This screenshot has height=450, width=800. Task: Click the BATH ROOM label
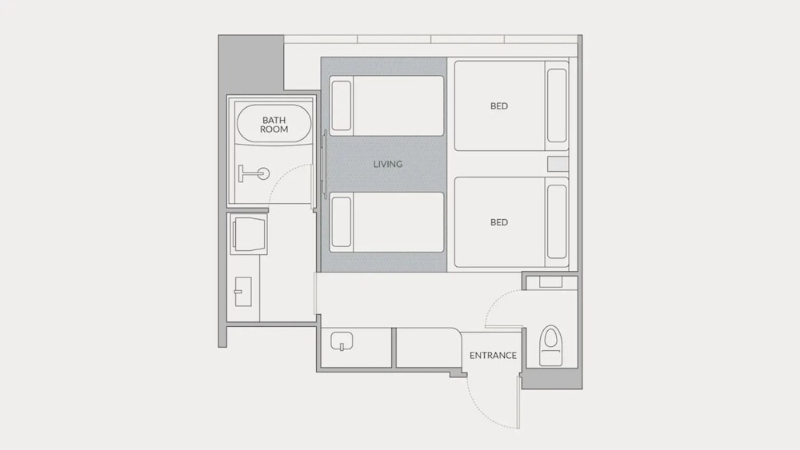274,125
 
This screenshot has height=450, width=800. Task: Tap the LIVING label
388,164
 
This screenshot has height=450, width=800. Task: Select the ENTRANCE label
493,355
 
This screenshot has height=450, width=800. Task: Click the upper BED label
499,106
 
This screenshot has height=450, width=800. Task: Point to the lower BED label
499,222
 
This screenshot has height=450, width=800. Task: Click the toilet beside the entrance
550,345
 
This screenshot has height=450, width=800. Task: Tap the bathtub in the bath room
274,125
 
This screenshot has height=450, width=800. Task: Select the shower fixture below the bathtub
254,173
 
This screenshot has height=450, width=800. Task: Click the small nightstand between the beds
558,164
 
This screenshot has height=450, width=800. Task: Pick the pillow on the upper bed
557,106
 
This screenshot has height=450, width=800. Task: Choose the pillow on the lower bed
557,221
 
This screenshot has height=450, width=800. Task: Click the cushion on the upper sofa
342,106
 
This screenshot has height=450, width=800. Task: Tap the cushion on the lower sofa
342,221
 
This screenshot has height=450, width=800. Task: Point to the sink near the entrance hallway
342,341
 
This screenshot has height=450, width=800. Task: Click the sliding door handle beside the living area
325,164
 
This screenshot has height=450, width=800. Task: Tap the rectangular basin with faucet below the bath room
243,292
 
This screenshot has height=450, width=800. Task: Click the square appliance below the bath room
249,234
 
